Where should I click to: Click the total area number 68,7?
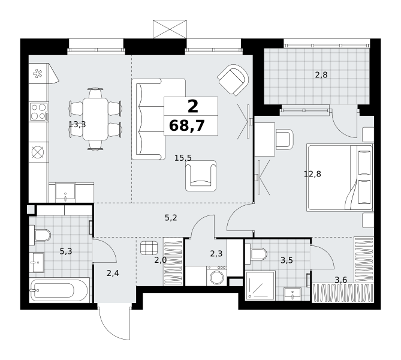point(187,126)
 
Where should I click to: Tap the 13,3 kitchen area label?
point(77,125)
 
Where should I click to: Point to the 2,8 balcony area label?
point(321,75)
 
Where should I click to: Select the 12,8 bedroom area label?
point(312,174)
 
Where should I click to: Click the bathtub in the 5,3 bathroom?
point(59,290)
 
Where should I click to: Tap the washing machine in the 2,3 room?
point(216,276)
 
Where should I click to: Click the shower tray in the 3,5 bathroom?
point(260,286)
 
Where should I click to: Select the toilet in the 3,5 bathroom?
point(256,253)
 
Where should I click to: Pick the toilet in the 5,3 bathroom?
point(40,235)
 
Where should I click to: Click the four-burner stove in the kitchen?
point(39,112)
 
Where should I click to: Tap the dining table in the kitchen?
point(95,119)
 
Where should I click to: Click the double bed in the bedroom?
point(340,178)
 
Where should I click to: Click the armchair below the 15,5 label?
point(201,176)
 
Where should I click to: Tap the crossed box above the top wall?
point(170,29)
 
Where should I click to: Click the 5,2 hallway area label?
point(171,218)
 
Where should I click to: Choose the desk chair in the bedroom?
point(284,139)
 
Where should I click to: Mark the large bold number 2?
point(193,106)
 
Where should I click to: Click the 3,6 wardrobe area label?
point(340,280)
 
